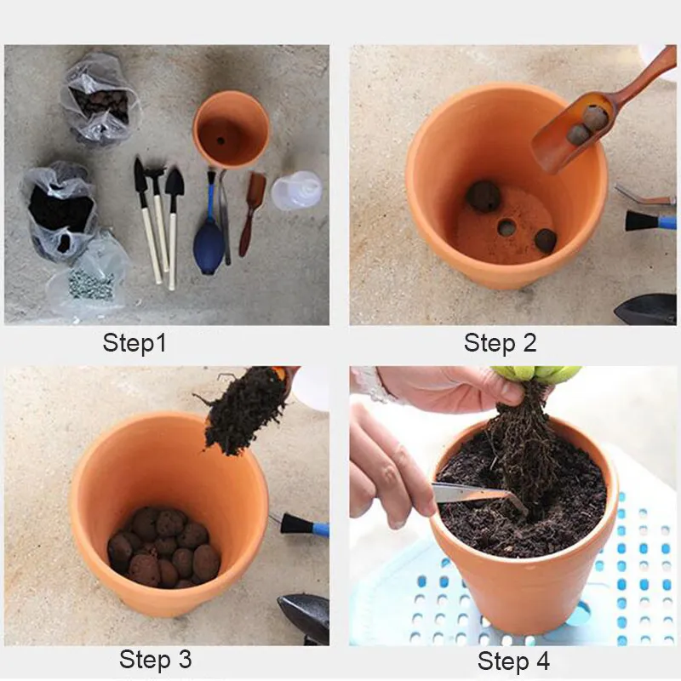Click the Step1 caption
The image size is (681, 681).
coord(134,343)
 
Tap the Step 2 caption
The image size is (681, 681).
coord(500,343)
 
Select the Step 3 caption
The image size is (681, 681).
coord(155,659)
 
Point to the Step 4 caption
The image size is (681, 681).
coord(513,661)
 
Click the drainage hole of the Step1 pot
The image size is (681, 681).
coord(220,140)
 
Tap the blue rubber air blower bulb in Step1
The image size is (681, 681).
coord(209,254)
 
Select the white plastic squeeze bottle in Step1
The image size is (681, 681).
coord(297,190)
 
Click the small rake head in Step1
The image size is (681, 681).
coord(155,174)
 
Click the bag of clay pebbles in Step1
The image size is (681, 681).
coord(100,100)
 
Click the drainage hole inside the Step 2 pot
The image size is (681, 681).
coord(506,227)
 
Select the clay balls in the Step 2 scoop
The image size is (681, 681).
coord(587,125)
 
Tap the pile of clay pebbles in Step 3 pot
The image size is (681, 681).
coord(163,547)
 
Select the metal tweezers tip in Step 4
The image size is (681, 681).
coord(517,501)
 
